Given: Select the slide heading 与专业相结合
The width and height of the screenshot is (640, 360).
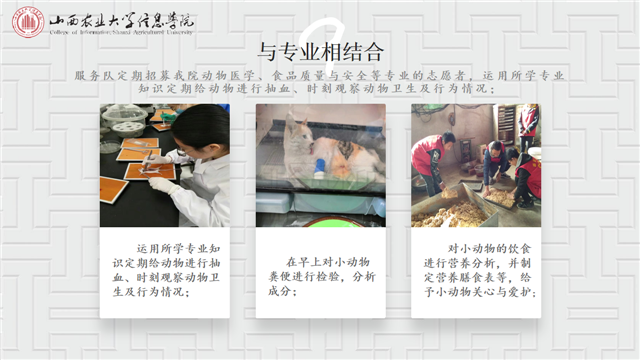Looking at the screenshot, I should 319,51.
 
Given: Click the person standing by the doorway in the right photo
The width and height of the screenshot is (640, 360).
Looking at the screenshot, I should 529,125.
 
